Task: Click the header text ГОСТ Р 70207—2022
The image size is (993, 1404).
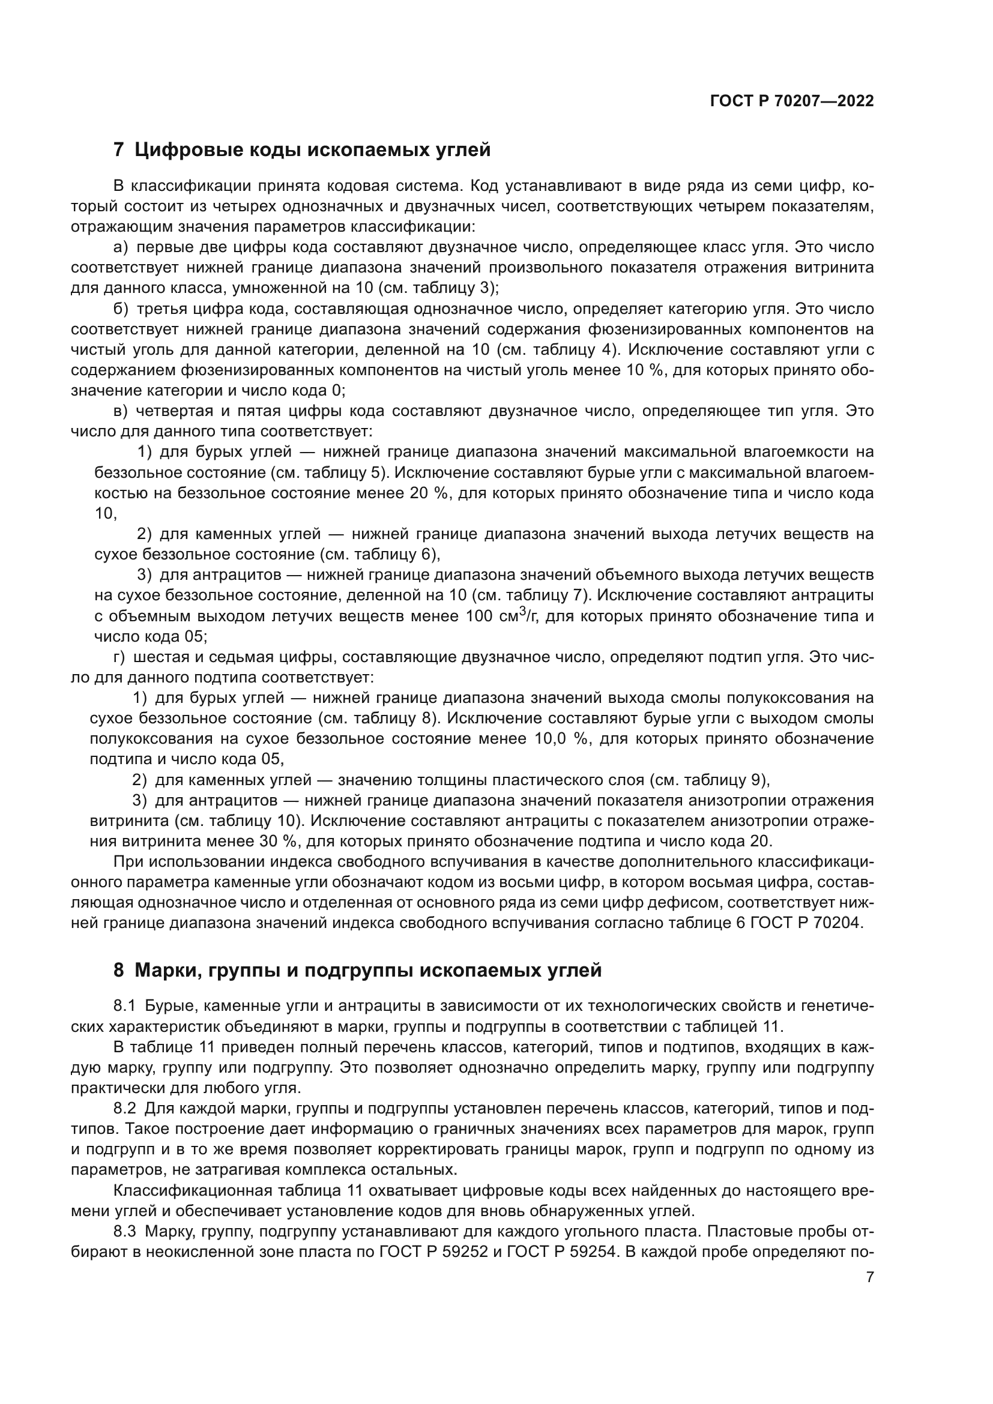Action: [792, 101]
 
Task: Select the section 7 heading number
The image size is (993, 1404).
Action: [119, 150]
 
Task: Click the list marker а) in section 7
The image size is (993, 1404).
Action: [121, 247]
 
